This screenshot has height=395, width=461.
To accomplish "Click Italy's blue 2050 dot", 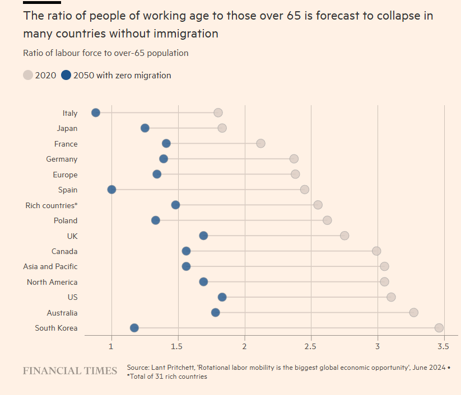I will pyautogui.click(x=96, y=112).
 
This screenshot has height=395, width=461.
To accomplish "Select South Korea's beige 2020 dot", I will pyautogui.click(x=439, y=328).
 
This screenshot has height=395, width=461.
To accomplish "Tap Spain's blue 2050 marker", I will pyautogui.click(x=111, y=190).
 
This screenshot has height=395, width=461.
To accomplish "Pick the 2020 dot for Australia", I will pyautogui.click(x=413, y=312).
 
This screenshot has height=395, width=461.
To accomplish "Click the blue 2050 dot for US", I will pyautogui.click(x=222, y=297).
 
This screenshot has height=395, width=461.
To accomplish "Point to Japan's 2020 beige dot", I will pyautogui.click(x=222, y=128).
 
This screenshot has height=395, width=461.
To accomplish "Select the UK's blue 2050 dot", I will pyautogui.click(x=203, y=236).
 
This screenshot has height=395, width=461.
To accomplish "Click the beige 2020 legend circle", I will pyautogui.click(x=28, y=75).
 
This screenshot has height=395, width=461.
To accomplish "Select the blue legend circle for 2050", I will pyautogui.click(x=66, y=75).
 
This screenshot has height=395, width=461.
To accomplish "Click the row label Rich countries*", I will pyautogui.click(x=52, y=205).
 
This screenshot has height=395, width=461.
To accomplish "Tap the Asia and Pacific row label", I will pyautogui.click(x=50, y=266).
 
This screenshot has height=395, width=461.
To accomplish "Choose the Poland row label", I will pyautogui.click(x=66, y=220).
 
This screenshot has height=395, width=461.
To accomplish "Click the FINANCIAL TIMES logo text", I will pyautogui.click(x=70, y=371).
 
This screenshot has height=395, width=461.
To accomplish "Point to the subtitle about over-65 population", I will pyautogui.click(x=105, y=53).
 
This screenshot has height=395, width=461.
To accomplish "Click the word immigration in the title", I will pyautogui.click(x=185, y=34).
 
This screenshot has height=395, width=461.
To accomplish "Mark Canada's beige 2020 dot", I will pyautogui.click(x=376, y=251).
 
